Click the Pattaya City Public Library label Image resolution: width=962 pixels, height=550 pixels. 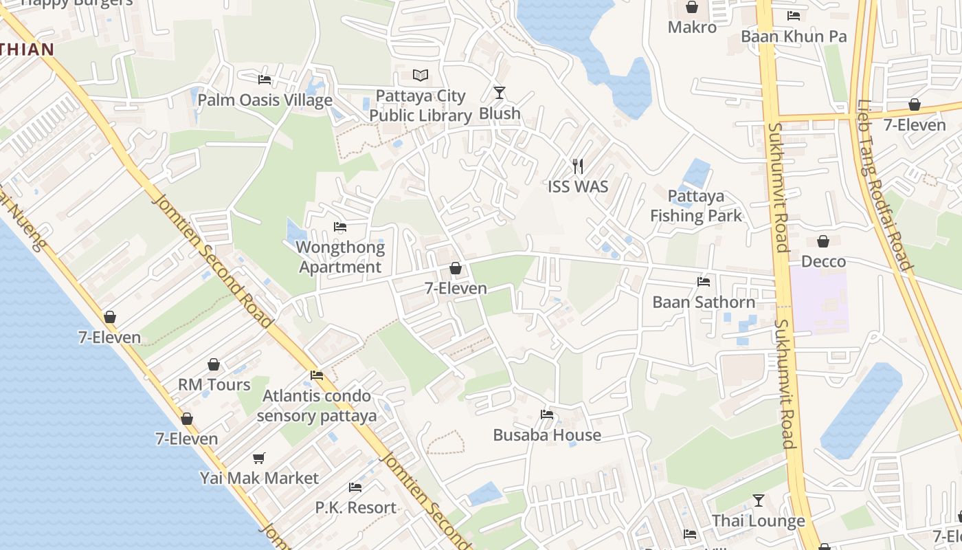pos(421,106)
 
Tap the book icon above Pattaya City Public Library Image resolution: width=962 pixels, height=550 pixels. pos(421,75)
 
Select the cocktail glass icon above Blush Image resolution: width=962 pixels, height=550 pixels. pos(500,92)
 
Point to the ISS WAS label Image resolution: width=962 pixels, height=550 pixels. pos(578,186)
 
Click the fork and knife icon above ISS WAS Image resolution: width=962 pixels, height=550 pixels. pos(578,166)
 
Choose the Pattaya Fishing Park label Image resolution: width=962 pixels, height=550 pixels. pos(696,206)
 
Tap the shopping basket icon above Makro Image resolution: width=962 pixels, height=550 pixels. pos(692,7)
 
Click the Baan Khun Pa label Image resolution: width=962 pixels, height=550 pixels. pos(794,36)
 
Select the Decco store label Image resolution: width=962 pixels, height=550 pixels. pos(823,262)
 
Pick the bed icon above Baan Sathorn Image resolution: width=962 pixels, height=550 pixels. pos(704,281)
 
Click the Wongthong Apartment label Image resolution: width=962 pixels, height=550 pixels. pos(341,257)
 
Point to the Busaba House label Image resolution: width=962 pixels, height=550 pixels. pos(547,435)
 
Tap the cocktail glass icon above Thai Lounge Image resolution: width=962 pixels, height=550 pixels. pos(759,500)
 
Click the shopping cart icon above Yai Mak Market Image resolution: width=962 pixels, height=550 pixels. pos(259,458)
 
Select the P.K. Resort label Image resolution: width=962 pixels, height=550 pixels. pos(355,508)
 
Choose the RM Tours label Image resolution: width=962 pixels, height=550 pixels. pos(214,385)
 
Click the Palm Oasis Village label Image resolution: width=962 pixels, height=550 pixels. pos(265,100)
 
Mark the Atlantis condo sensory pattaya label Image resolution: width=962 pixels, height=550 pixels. pos(317,406)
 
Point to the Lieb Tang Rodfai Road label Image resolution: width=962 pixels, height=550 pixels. pos(884,186)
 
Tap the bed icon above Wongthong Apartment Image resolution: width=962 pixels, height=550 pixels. pos(339,227)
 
